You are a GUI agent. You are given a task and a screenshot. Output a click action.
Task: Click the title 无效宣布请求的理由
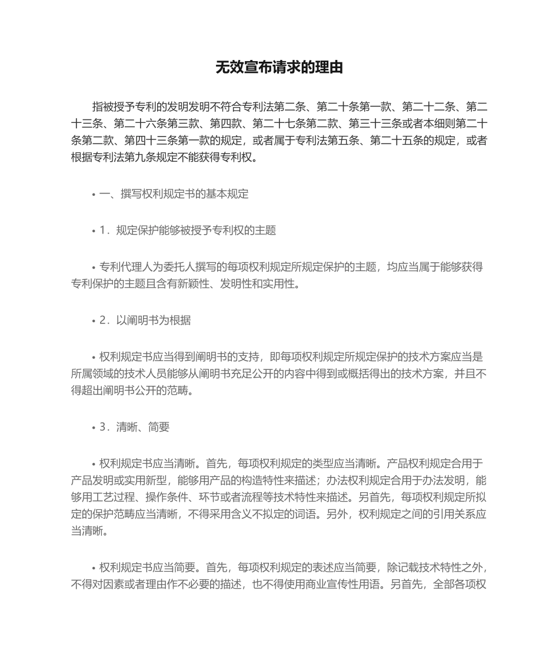pyautogui.click(x=279, y=68)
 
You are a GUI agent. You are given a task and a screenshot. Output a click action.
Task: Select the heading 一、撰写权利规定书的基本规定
pyautogui.click(x=174, y=194)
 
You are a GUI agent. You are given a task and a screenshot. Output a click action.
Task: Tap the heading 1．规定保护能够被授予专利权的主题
pyautogui.click(x=188, y=231)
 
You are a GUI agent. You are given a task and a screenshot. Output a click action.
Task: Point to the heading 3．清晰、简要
pyautogui.click(x=135, y=428)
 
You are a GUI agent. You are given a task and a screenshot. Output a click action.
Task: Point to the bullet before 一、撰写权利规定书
pyautogui.click(x=94, y=195)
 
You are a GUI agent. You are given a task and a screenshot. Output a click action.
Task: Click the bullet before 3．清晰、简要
pyautogui.click(x=94, y=428)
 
